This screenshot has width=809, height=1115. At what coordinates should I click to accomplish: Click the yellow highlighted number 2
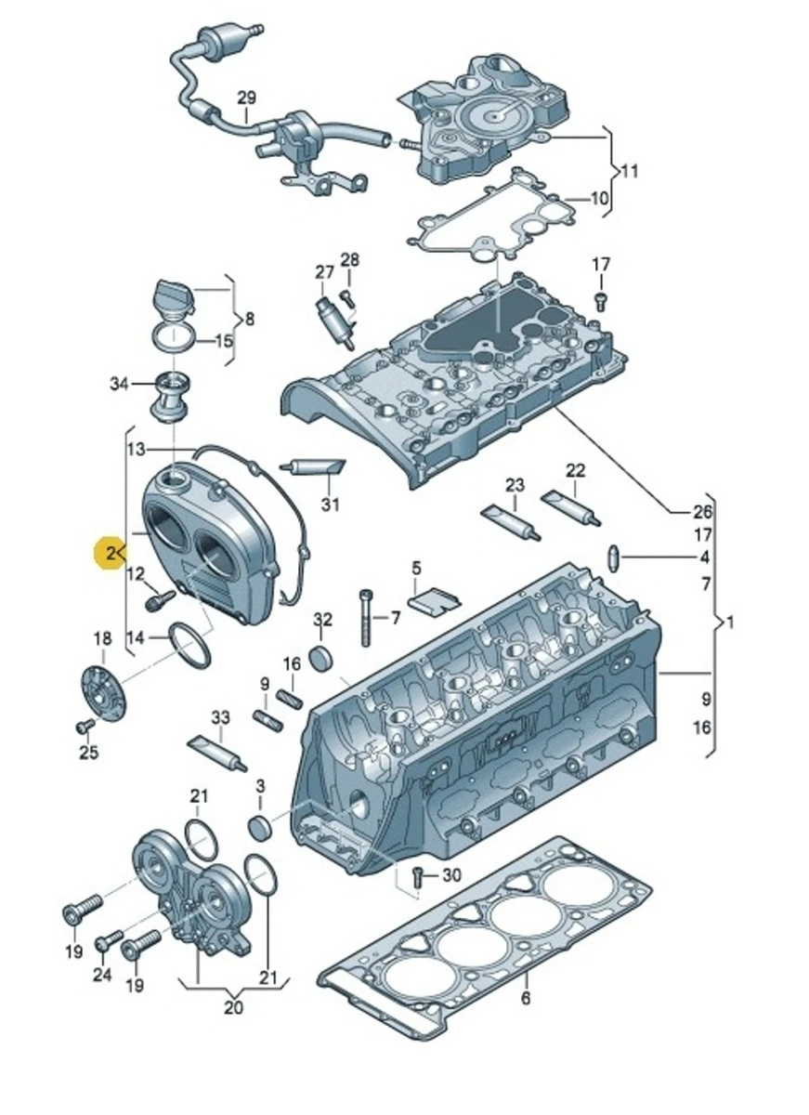111,555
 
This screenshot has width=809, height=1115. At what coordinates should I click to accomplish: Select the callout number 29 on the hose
245,98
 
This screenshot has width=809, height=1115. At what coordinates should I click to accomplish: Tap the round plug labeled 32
322,657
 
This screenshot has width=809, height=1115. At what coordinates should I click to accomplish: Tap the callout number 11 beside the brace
630,171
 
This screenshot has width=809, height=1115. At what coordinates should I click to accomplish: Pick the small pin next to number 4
613,557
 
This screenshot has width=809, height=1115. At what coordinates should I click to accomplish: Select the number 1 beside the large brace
731,623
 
